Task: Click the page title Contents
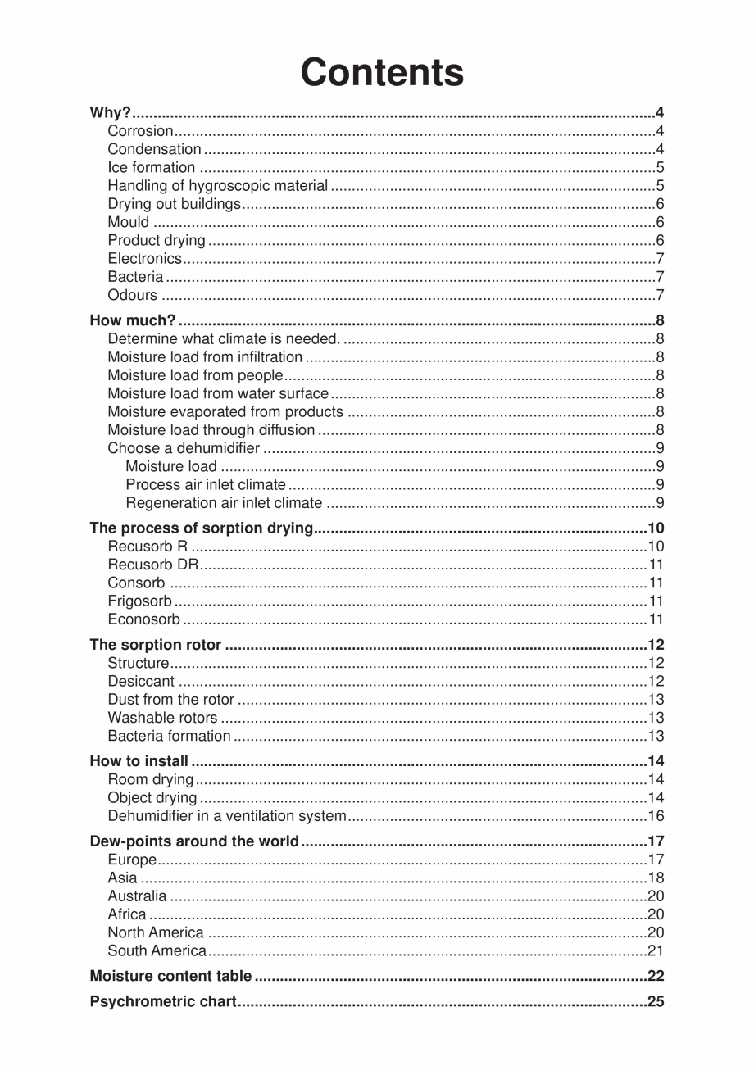click(382, 72)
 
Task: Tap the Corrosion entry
click(140, 131)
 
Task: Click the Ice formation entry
click(151, 168)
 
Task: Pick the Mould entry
click(129, 222)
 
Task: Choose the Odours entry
click(132, 296)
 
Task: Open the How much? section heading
click(132, 321)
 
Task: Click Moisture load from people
click(195, 376)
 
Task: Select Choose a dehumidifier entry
click(184, 449)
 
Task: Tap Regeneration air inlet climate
click(224, 503)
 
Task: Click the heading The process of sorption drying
click(202, 528)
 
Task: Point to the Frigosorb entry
click(139, 601)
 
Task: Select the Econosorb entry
click(143, 619)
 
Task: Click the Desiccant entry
click(141, 682)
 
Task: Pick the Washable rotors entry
click(162, 718)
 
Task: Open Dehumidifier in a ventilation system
click(227, 816)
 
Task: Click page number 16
click(655, 816)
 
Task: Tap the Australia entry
click(137, 896)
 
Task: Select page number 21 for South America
click(655, 951)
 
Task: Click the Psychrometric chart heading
click(163, 1002)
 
